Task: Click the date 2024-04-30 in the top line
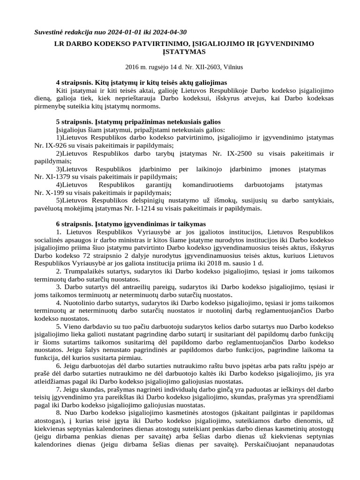169,32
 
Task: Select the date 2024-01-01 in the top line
123,32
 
